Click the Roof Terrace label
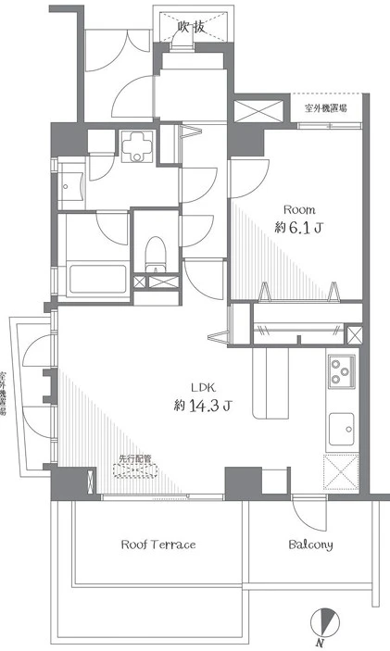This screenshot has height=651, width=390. click(x=158, y=545)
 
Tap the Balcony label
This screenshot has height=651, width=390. click(x=310, y=545)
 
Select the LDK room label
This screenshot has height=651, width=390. click(x=203, y=388)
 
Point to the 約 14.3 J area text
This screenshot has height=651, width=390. click(x=202, y=406)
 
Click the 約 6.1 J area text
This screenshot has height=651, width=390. click(x=298, y=228)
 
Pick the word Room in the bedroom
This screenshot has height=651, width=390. click(x=299, y=209)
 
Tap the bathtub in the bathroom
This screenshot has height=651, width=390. click(x=97, y=279)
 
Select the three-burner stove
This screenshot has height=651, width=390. click(x=342, y=371)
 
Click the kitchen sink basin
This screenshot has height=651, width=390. click(x=342, y=430)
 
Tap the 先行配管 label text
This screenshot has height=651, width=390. click(x=135, y=458)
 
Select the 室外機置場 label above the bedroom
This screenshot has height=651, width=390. click(x=326, y=108)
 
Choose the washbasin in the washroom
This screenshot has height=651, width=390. click(x=71, y=186)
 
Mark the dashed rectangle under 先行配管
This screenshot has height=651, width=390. click(x=136, y=470)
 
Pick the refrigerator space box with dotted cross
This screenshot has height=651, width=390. click(x=341, y=472)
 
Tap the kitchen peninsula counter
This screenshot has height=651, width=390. click(x=270, y=383)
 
